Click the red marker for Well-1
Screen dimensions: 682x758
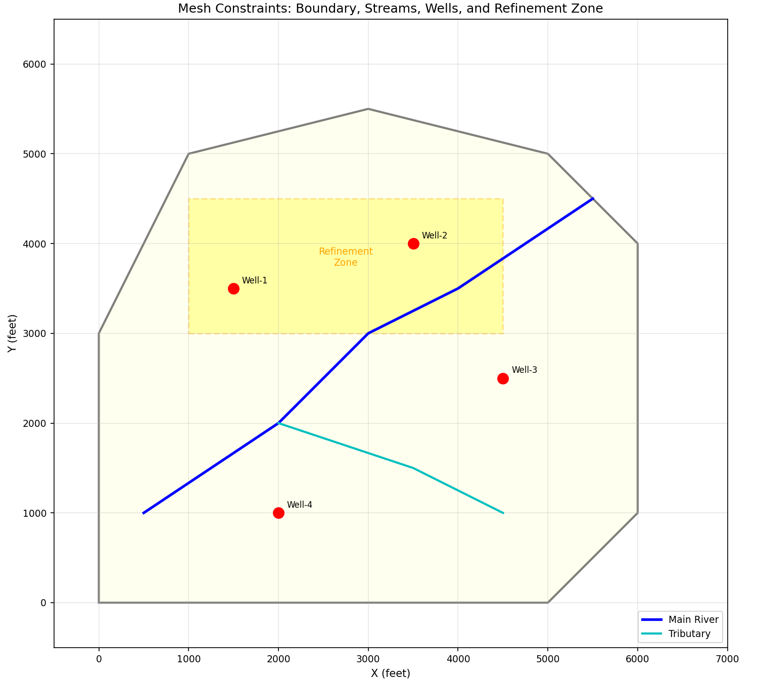pyautogui.click(x=233, y=288)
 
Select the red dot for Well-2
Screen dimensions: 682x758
pyautogui.click(x=413, y=243)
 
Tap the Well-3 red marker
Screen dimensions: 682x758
pyautogui.click(x=503, y=378)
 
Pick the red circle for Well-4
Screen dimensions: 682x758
pyautogui.click(x=278, y=513)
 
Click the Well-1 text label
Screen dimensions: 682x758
pyautogui.click(x=254, y=280)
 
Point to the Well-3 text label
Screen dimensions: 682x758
pyautogui.click(x=524, y=370)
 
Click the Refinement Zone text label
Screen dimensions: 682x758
pyautogui.click(x=346, y=257)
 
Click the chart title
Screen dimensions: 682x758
pyautogui.click(x=390, y=9)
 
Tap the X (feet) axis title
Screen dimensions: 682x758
pyautogui.click(x=390, y=673)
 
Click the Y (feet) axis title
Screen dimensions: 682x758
pyautogui.click(x=12, y=333)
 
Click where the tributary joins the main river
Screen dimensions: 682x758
pyautogui.click(x=278, y=423)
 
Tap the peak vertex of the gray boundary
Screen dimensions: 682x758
pyautogui.click(x=368, y=109)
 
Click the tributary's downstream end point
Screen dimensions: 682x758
pyautogui.click(x=503, y=513)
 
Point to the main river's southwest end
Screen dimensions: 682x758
pyautogui.click(x=144, y=513)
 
